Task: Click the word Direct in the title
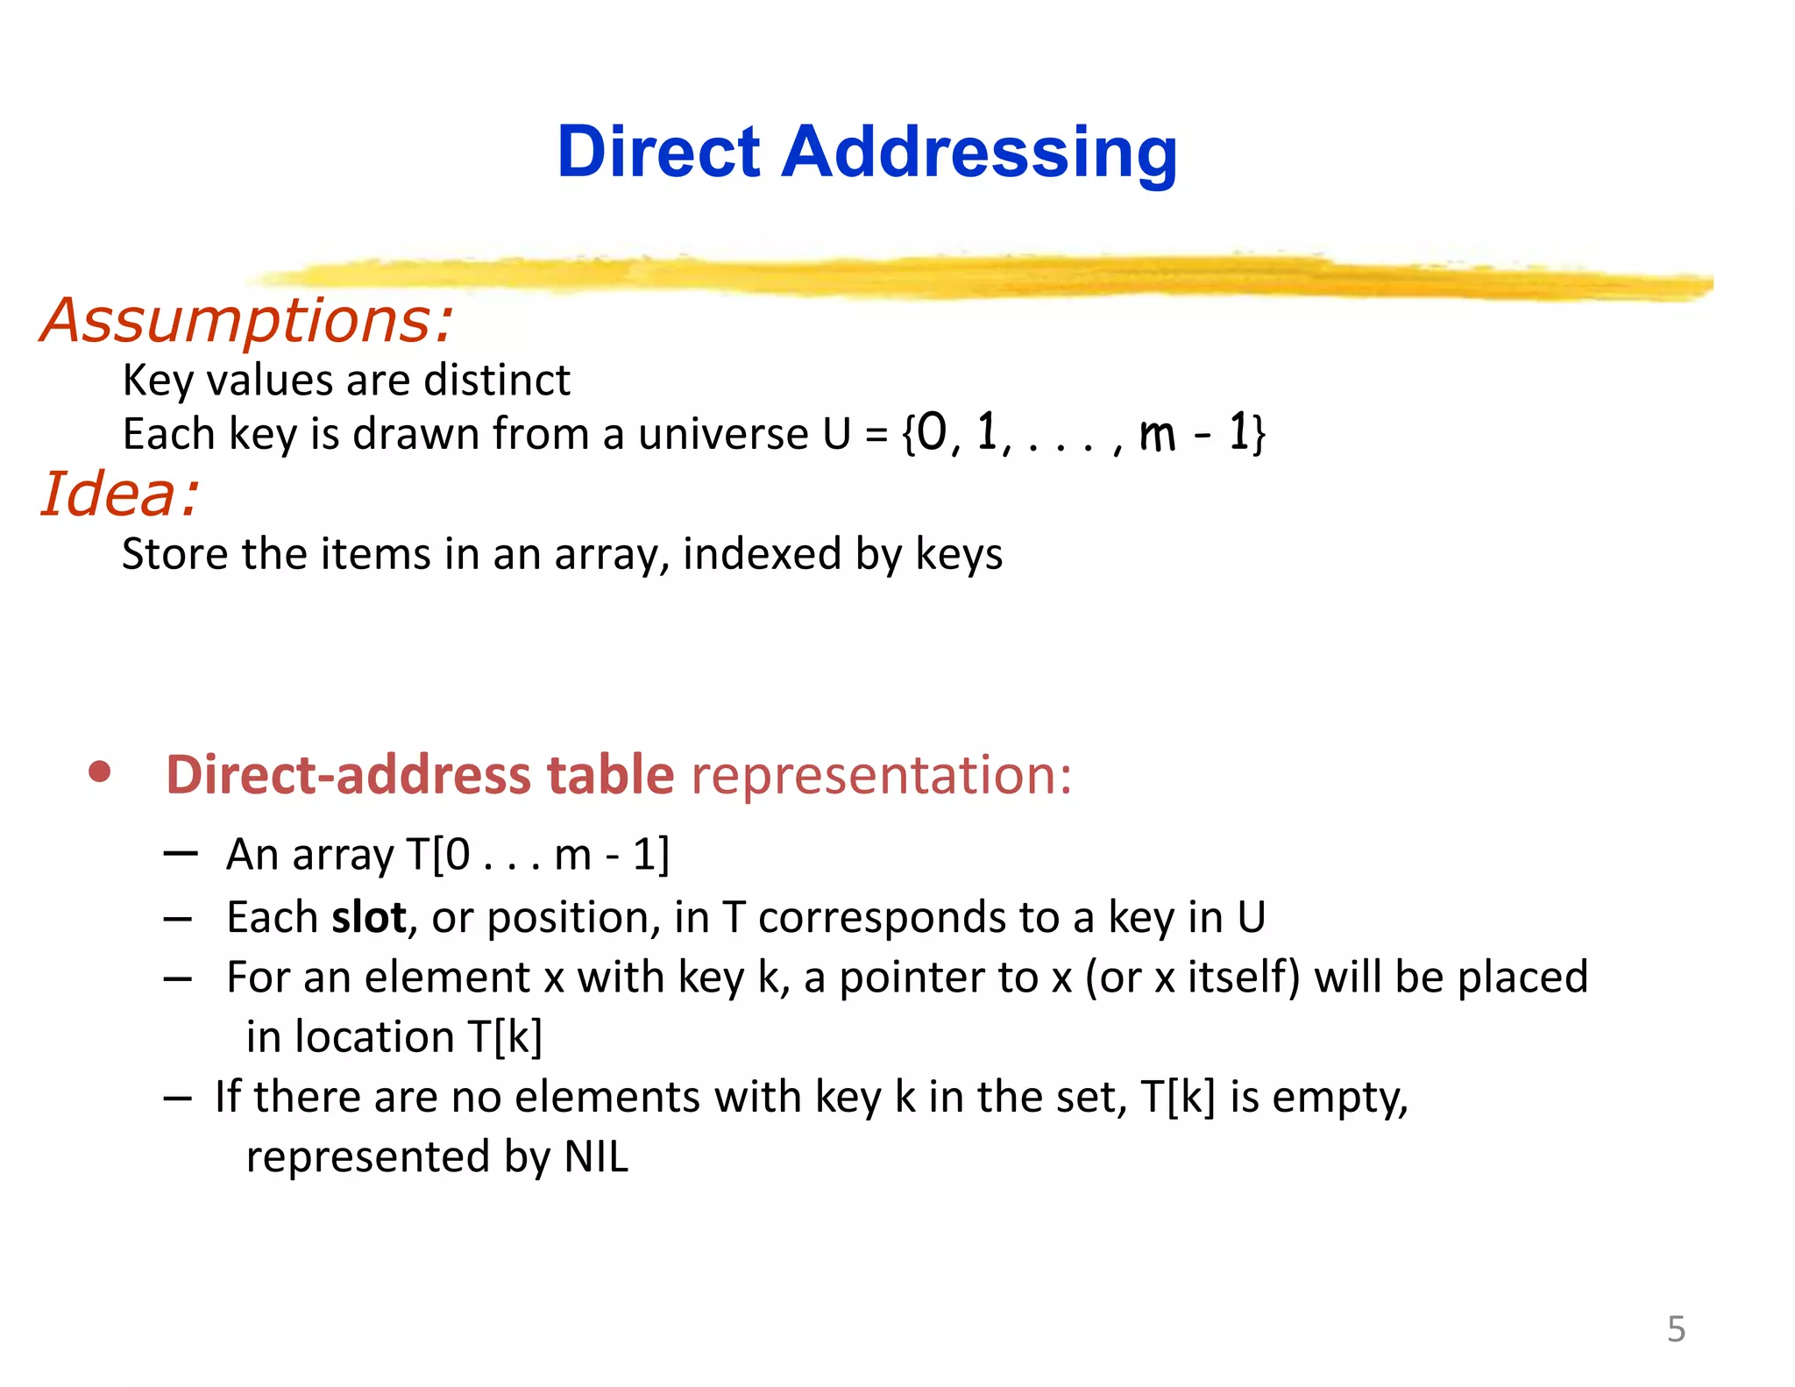[x=658, y=153]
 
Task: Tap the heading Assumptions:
[x=247, y=321]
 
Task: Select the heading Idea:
[x=120, y=494]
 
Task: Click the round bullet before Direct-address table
[x=100, y=772]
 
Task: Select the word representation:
[x=881, y=776]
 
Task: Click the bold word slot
[x=368, y=918]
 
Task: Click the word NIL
[x=596, y=1157]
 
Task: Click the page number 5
[x=1676, y=1330]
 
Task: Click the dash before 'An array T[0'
[x=180, y=852]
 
